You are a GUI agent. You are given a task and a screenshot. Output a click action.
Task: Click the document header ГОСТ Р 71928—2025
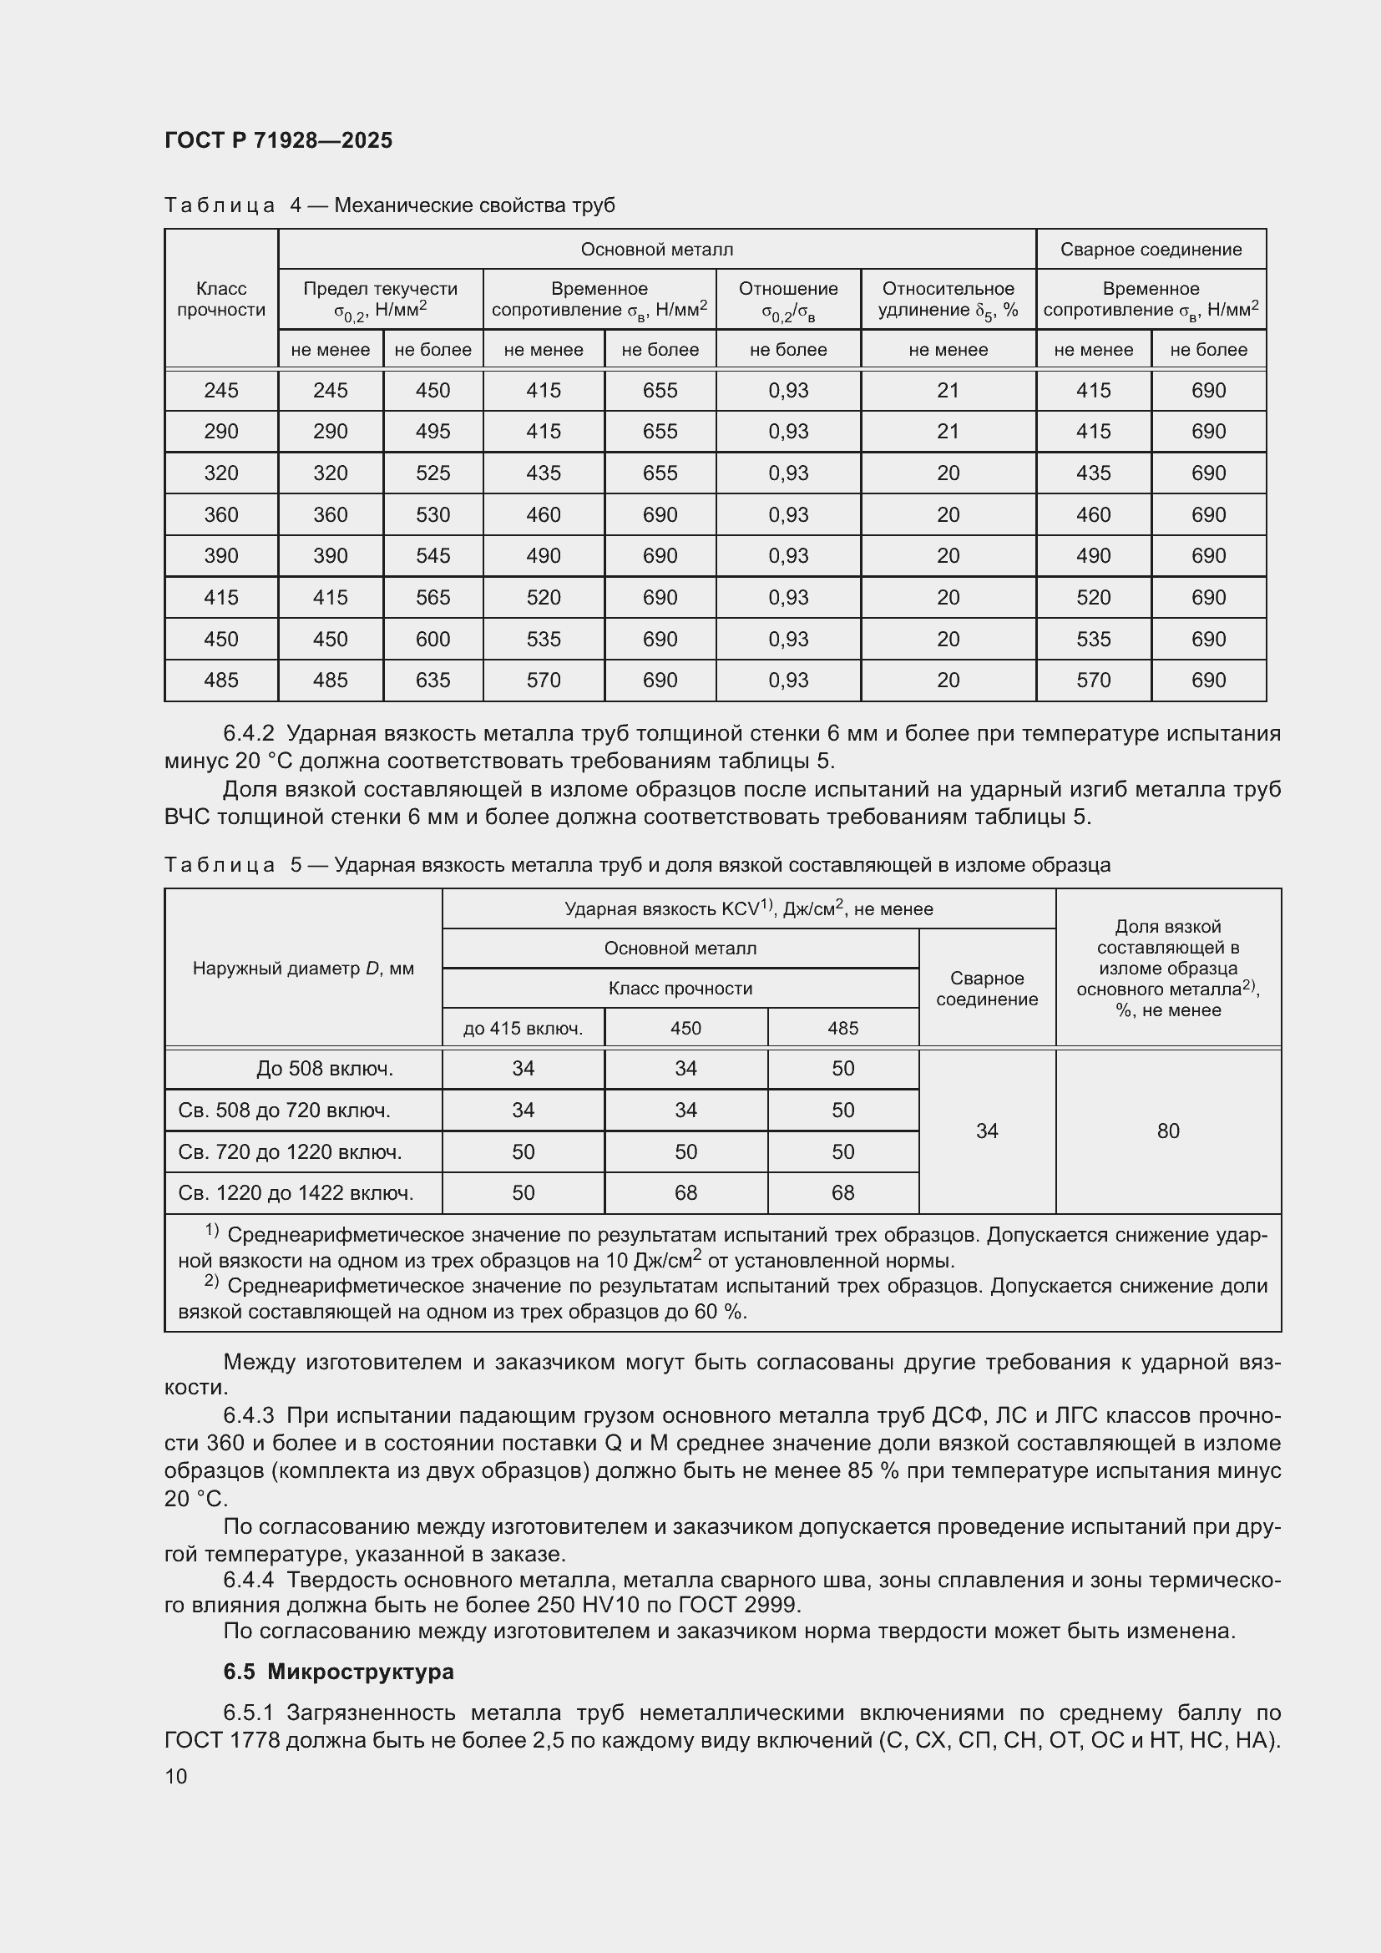click(278, 140)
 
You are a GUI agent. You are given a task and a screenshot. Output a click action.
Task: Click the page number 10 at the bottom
click(176, 1776)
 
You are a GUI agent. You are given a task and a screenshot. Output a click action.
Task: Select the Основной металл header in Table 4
click(656, 249)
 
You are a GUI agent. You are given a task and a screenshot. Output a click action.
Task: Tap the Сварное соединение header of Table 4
click(1151, 249)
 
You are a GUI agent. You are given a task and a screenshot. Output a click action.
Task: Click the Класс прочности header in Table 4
click(221, 300)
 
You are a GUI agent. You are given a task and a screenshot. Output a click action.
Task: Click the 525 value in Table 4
click(433, 473)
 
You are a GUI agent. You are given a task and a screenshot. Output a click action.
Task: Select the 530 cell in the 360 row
click(433, 514)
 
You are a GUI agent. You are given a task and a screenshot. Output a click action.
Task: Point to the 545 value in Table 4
click(433, 555)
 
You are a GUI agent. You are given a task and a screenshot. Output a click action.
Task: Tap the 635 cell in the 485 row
click(433, 680)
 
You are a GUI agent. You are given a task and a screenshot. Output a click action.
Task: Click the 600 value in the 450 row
click(433, 639)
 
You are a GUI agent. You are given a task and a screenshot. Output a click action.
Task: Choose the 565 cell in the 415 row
click(433, 597)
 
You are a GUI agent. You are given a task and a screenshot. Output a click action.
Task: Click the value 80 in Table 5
click(1167, 1131)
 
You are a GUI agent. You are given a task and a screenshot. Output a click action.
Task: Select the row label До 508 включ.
click(324, 1069)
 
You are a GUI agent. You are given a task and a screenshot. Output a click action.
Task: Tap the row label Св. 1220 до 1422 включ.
click(296, 1192)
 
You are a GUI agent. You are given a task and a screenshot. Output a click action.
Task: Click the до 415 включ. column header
click(523, 1029)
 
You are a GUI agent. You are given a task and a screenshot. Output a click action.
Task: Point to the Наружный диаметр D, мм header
click(303, 968)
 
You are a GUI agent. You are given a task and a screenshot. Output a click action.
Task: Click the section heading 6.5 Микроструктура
click(338, 1672)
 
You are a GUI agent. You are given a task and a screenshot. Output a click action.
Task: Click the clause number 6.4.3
click(248, 1415)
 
